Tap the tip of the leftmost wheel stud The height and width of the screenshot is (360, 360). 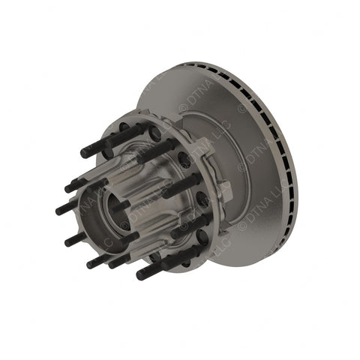pos(58,211)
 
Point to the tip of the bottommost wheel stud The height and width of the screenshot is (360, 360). pos(139,275)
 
